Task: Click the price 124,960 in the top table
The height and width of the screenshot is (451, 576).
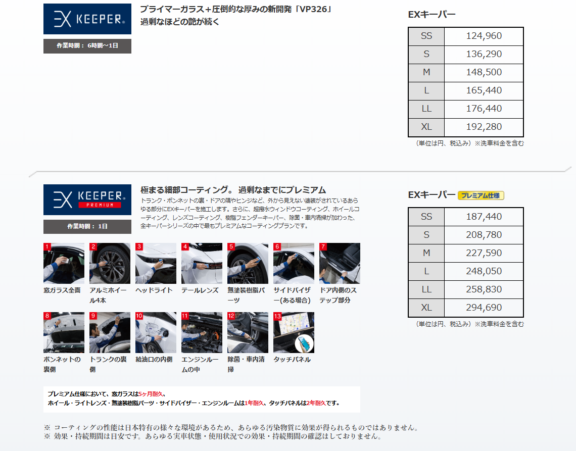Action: click(484, 36)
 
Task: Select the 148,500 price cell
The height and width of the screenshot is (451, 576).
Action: click(484, 72)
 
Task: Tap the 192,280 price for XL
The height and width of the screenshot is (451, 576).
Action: click(484, 127)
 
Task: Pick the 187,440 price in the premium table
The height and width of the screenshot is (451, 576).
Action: click(484, 217)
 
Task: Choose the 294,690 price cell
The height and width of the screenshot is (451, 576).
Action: click(484, 308)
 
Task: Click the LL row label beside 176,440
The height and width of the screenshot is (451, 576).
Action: click(426, 109)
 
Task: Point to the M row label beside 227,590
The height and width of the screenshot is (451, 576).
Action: click(426, 253)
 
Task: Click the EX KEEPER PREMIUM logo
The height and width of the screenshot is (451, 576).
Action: click(87, 200)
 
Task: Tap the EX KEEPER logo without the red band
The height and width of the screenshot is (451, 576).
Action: click(87, 19)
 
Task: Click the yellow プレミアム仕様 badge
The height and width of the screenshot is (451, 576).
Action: click(481, 195)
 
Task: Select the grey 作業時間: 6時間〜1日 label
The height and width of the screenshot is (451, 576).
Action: click(87, 46)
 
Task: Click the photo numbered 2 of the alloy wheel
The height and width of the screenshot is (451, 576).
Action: click(110, 263)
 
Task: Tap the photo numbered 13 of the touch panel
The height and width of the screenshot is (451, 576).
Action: click(294, 333)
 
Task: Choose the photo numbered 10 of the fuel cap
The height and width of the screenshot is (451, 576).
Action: click(156, 333)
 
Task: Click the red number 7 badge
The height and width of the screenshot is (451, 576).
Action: click(323, 246)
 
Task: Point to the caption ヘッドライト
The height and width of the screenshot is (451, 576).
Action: click(154, 290)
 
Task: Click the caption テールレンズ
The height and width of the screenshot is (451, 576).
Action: click(200, 290)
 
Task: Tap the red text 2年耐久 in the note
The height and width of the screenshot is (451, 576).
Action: click(316, 403)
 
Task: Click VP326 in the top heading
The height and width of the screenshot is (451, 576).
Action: click(313, 9)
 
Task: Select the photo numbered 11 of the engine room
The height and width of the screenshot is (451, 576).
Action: click(202, 333)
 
